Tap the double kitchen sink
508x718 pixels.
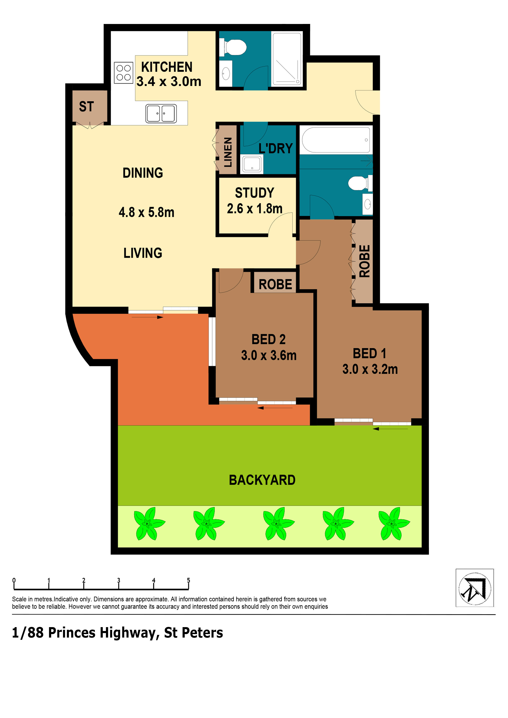coord(161,113)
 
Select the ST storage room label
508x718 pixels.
coord(86,107)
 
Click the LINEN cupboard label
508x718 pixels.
coord(228,152)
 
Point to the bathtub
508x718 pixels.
coord(336,140)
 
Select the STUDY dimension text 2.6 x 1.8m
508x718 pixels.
coord(255,209)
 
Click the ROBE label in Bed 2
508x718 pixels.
coord(276,284)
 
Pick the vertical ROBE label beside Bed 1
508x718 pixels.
coord(365,261)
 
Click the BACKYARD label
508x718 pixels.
coord(262,480)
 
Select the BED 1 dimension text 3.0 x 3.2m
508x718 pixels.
coord(370,369)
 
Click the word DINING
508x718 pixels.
coord(143,173)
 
